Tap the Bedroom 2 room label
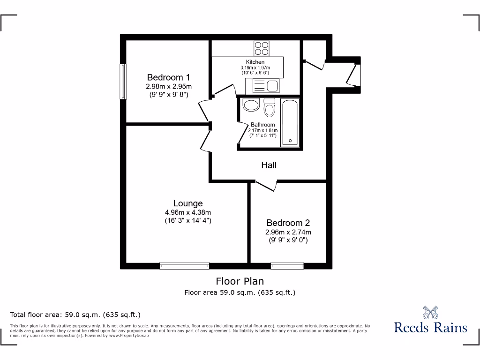(288, 223)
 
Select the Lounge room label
(188, 203)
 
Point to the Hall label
(269, 165)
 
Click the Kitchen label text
(255, 62)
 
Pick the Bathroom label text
(262, 125)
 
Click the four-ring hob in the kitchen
(262, 48)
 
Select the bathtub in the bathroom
(290, 122)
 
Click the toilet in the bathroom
(269, 108)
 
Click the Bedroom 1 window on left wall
(123, 82)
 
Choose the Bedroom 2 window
(287, 266)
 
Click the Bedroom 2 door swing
(266, 186)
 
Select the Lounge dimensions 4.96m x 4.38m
(188, 212)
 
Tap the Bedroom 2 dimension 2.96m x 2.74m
(288, 232)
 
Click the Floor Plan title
(240, 281)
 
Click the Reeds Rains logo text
(430, 327)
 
